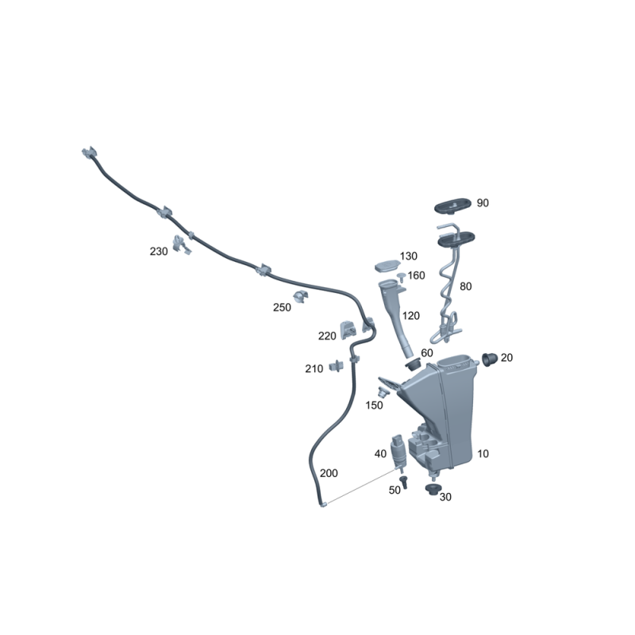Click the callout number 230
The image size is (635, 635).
(x=158, y=252)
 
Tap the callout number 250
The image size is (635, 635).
(x=282, y=307)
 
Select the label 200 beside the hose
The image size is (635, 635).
(x=329, y=473)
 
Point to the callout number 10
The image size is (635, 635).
(x=483, y=453)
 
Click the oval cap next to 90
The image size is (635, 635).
(x=453, y=206)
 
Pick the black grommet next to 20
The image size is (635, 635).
(x=489, y=360)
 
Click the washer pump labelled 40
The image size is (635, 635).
(x=398, y=452)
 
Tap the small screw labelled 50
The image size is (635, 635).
(x=403, y=482)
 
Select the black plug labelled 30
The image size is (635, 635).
(x=433, y=489)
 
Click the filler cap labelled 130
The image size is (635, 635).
(x=387, y=266)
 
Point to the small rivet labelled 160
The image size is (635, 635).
(x=402, y=277)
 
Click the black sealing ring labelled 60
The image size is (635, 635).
(x=413, y=364)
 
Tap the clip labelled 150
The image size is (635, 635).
(x=382, y=392)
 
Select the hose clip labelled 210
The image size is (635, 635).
(x=336, y=366)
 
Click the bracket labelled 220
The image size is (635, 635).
(x=348, y=330)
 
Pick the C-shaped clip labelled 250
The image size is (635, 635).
(x=301, y=297)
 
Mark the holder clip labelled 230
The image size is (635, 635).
(x=182, y=244)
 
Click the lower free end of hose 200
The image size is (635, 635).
(x=323, y=505)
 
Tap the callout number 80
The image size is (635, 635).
(x=465, y=287)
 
